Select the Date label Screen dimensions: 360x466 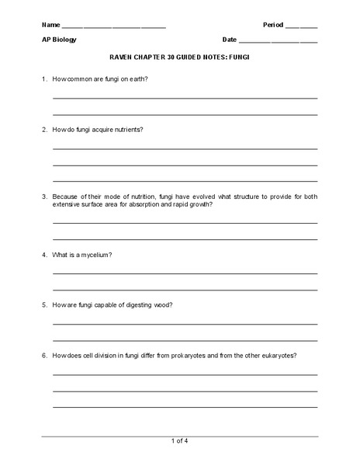point(230,40)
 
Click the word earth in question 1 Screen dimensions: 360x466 point(136,80)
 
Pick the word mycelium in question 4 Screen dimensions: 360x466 point(96,255)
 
